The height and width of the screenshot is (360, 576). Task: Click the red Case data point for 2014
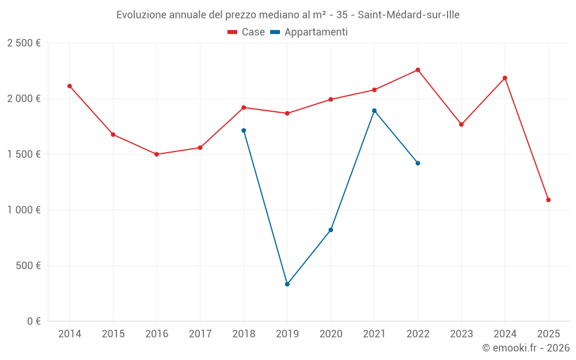pos(70,86)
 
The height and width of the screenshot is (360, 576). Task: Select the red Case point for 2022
pos(418,70)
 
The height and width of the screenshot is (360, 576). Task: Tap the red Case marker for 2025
pos(548,200)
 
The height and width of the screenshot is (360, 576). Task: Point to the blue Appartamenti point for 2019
pos(287,284)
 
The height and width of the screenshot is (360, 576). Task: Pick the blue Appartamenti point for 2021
pos(374,111)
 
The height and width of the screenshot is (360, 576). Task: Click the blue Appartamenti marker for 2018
pos(244,130)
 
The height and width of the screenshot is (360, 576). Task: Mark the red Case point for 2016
pos(157,154)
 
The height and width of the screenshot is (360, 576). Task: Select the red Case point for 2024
pos(505,78)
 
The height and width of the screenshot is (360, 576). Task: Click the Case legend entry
pos(247,32)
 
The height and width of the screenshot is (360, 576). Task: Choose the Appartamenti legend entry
pos(309,32)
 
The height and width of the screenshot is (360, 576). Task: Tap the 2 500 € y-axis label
pos(24,43)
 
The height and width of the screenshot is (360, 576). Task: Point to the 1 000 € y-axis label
pos(24,210)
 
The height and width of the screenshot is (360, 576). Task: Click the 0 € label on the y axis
pos(33,321)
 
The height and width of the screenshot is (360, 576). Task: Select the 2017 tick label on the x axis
pos(200,334)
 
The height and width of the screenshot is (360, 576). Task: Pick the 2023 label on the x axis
pos(461,334)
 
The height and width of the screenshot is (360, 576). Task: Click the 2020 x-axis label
pos(331,334)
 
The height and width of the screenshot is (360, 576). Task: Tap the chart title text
pos(288,15)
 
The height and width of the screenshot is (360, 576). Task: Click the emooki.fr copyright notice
pos(526,348)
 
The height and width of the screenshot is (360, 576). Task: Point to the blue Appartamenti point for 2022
pos(418,163)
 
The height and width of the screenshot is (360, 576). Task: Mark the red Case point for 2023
pos(461,124)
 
